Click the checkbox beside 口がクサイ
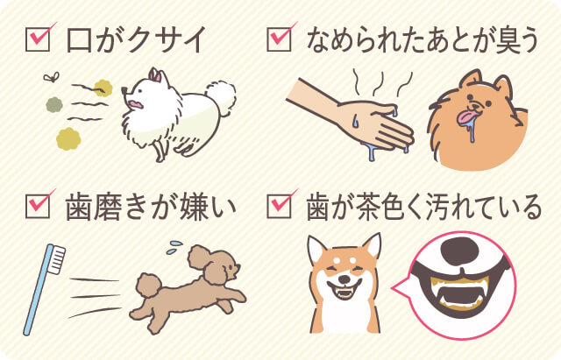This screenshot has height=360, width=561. (38, 39)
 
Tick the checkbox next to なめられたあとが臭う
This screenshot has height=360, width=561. (279, 39)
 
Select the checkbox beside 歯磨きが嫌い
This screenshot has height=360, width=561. (38, 206)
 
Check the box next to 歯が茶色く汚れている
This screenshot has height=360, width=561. (279, 206)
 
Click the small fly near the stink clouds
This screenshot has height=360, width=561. (51, 77)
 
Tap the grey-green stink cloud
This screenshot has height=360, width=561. (54, 105)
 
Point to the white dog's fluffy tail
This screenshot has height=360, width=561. (222, 95)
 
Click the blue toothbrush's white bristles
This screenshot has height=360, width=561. (56, 259)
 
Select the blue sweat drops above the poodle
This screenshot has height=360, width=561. (174, 247)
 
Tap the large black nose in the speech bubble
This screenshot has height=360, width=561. (459, 251)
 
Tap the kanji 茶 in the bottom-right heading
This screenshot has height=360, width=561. (359, 207)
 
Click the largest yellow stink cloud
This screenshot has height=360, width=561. (68, 138)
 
